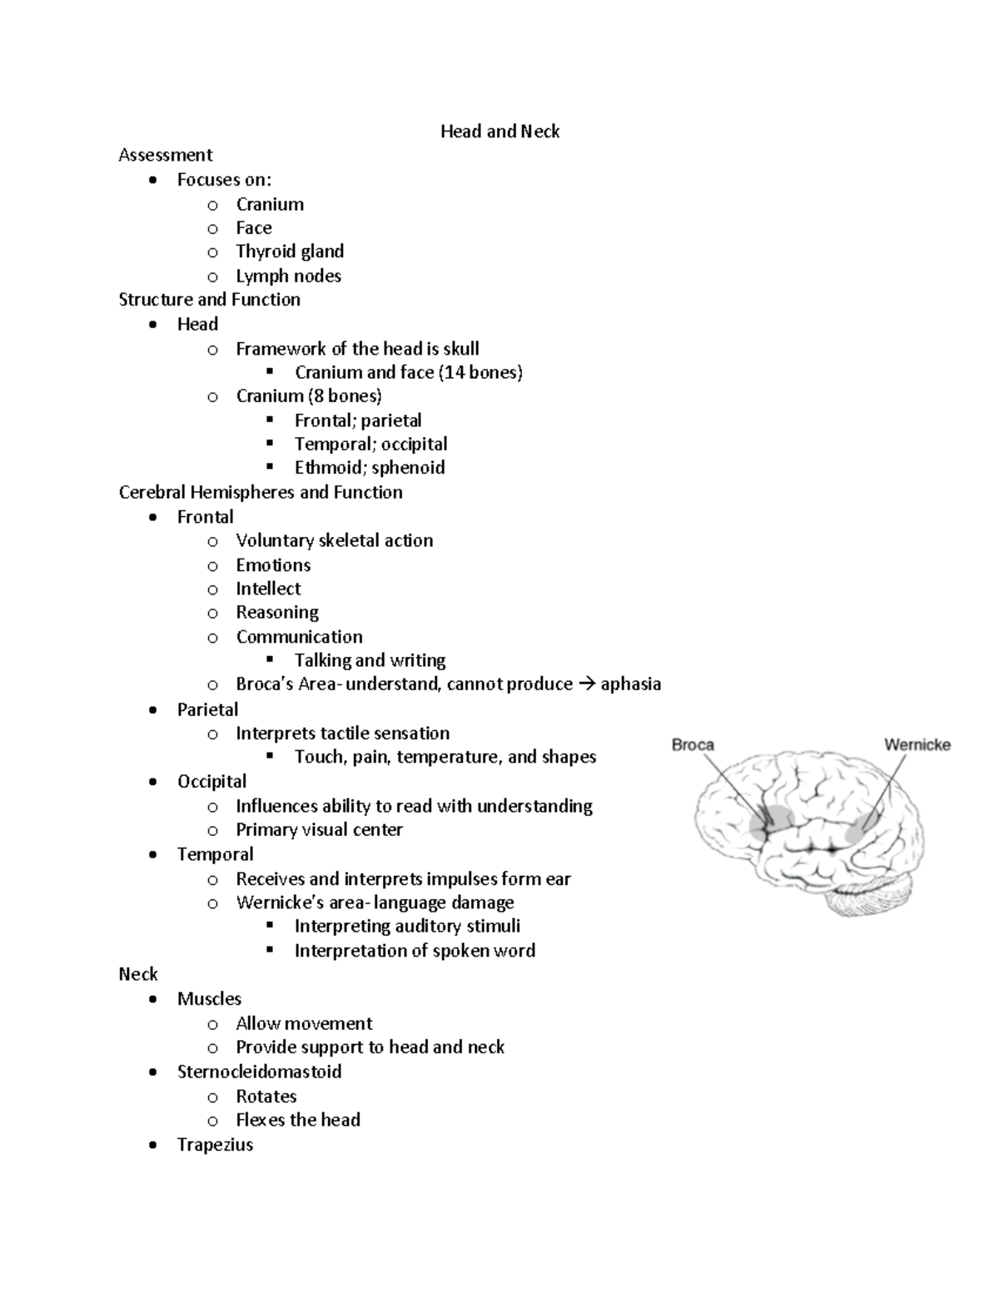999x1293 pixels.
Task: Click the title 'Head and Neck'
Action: point(499,132)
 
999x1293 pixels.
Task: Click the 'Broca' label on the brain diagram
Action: point(693,744)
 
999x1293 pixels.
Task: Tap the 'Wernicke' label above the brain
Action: point(917,744)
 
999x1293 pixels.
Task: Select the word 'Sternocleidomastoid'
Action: point(259,1072)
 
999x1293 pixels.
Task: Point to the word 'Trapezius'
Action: point(215,1145)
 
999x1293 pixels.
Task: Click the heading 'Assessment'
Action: point(165,155)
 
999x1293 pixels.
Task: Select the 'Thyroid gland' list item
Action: point(289,251)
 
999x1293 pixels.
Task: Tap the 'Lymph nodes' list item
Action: point(288,276)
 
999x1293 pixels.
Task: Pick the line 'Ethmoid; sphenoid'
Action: point(369,468)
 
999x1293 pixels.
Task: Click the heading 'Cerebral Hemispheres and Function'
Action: point(261,492)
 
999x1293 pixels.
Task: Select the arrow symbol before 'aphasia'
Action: point(586,684)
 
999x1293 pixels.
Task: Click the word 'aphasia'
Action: point(630,684)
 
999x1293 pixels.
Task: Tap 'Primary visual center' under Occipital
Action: point(319,830)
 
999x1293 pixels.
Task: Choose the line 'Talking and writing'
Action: point(370,660)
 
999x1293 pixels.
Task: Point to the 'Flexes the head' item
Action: point(297,1120)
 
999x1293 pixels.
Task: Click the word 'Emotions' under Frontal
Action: point(273,565)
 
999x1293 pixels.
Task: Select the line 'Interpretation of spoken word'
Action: point(415,951)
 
